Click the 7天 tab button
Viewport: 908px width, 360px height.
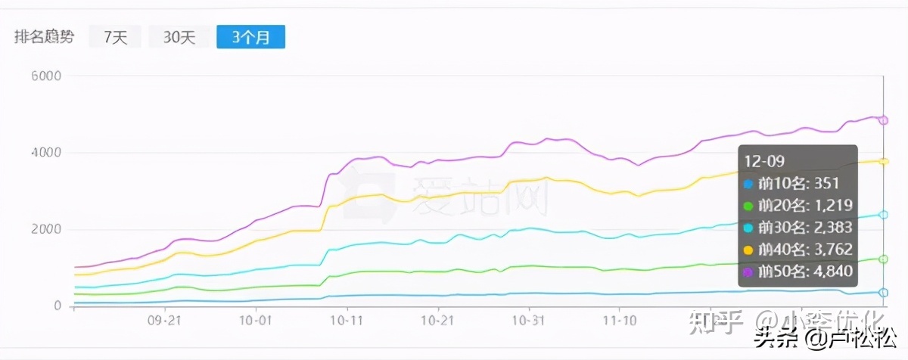click(115, 36)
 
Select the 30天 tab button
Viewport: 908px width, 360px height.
click(179, 36)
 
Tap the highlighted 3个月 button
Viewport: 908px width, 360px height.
click(250, 36)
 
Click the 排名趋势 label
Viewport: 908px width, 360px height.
click(45, 36)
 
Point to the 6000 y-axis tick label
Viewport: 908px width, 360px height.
click(47, 76)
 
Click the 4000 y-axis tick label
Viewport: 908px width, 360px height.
click(47, 153)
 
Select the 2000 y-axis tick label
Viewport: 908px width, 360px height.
click(47, 230)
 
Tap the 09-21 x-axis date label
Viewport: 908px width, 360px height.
click(165, 321)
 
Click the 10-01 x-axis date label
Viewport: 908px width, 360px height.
click(256, 321)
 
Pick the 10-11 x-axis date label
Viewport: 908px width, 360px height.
click(347, 321)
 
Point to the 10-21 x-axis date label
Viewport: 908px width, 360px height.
click(437, 321)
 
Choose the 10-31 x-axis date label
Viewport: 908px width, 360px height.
click(528, 321)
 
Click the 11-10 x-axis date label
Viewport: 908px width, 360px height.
click(619, 321)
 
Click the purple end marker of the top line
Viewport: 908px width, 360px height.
click(883, 120)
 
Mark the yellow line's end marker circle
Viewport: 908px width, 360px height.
click(883, 161)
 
